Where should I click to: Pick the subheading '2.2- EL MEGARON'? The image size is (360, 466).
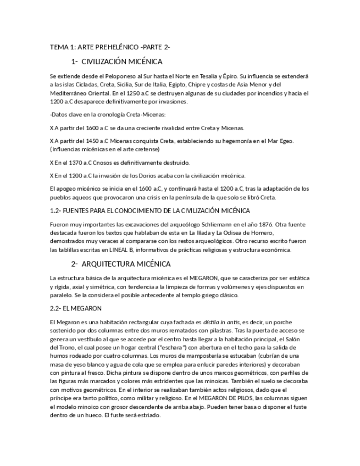(x=75, y=308)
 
